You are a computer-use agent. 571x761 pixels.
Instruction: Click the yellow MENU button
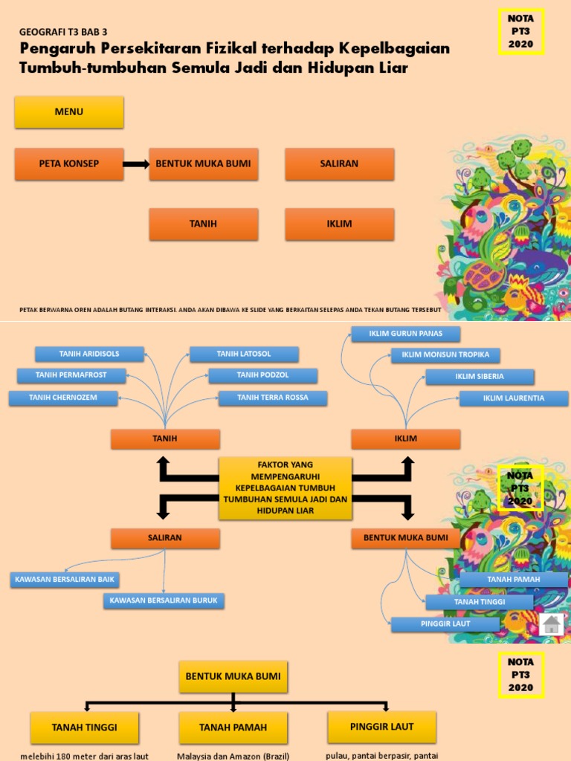tap(69, 112)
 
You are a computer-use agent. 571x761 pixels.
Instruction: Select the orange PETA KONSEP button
tap(69, 163)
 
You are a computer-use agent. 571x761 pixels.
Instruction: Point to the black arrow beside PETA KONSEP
tap(136, 164)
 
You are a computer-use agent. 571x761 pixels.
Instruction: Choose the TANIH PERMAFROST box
tap(71, 375)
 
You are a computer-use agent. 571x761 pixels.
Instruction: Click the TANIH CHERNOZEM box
tap(63, 398)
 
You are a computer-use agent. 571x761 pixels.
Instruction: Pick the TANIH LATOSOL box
tap(244, 354)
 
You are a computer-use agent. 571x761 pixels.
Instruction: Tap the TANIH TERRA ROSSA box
tap(273, 398)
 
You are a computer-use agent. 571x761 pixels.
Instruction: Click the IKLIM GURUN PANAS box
tap(405, 334)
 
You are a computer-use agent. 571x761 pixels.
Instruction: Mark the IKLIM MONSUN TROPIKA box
tap(445, 355)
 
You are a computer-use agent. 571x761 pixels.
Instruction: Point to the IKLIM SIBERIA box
tap(480, 377)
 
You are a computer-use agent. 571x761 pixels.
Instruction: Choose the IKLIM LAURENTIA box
tap(513, 398)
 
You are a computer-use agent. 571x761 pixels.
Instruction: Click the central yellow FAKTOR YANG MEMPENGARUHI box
tap(285, 488)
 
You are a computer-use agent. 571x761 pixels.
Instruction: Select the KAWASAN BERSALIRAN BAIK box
tap(64, 579)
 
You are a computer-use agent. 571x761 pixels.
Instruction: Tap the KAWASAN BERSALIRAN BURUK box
tap(164, 600)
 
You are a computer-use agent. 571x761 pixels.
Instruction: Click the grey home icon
tap(551, 624)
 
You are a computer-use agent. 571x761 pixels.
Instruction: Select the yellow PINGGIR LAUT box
tap(381, 726)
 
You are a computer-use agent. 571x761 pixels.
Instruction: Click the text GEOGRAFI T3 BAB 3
tap(63, 33)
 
